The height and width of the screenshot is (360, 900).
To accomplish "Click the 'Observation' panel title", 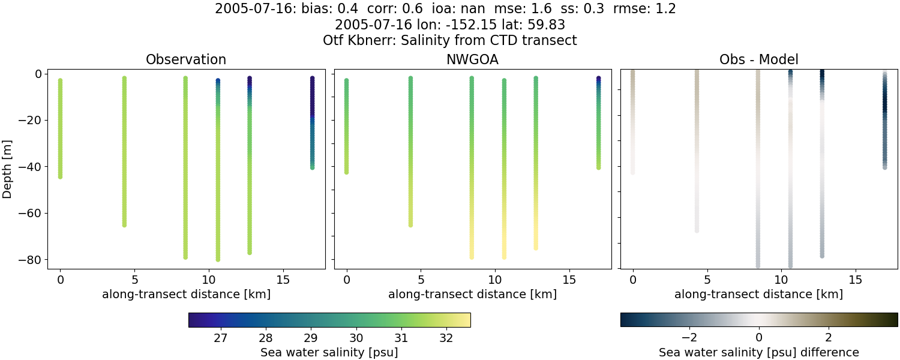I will (x=186, y=59).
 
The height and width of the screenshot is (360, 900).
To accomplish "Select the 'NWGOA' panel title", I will (x=472, y=59).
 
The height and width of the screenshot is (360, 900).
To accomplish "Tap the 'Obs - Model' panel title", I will (x=758, y=59).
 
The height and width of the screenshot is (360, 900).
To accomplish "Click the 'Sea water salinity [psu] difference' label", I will (x=758, y=352).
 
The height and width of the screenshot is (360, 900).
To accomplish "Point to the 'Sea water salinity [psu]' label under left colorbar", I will (x=329, y=352).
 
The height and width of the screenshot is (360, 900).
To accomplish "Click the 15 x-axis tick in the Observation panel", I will (x=283, y=280).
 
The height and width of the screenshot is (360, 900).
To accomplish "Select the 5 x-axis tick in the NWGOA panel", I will (x=421, y=280).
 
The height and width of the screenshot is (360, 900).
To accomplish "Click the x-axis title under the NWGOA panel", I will (x=472, y=294).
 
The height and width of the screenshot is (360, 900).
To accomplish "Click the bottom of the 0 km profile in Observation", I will (x=60, y=176).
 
